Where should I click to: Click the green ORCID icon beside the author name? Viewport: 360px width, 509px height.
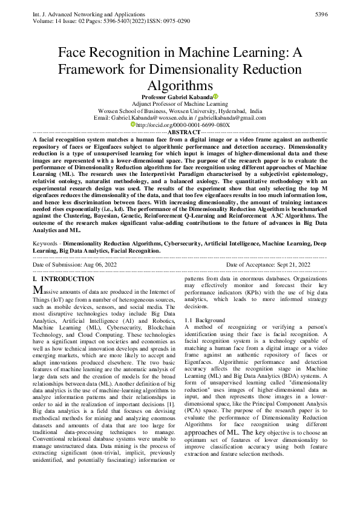click(x=215, y=97)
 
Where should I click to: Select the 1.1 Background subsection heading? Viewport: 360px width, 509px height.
click(x=205, y=320)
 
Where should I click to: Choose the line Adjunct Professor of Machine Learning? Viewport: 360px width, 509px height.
click(x=180, y=104)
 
